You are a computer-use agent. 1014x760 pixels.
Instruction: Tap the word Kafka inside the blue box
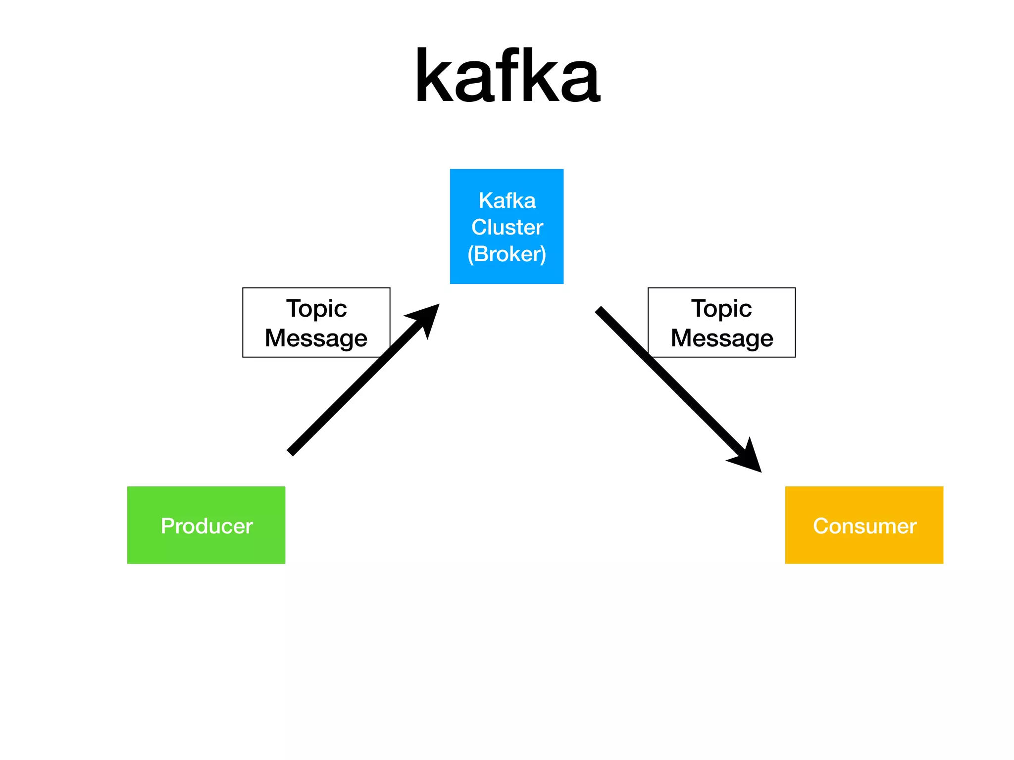pos(507,201)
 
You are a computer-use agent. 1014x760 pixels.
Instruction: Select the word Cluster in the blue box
pos(507,228)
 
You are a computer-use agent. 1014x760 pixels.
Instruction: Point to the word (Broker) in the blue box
pos(507,254)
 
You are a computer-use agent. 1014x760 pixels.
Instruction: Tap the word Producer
pos(206,526)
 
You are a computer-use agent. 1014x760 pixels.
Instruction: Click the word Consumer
pos(864,526)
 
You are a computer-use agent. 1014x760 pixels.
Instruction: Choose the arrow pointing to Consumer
pos(673,384)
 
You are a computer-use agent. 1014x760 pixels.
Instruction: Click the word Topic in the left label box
pos(316,309)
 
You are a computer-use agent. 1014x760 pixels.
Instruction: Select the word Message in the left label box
pos(316,338)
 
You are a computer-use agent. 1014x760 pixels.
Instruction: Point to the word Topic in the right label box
pos(721,309)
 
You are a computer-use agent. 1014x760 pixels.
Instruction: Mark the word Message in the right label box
pos(722,338)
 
